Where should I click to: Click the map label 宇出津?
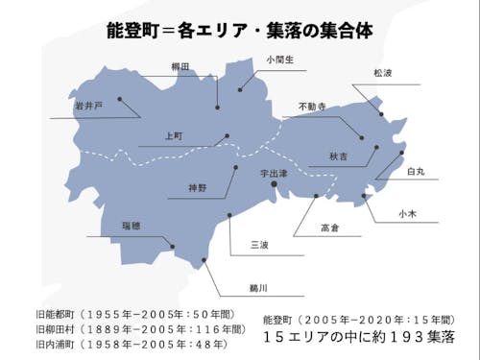[279, 173]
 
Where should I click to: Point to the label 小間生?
[254, 60]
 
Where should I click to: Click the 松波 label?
[384, 72]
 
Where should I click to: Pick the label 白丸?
[415, 171]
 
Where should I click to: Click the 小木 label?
[406, 214]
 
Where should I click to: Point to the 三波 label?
[258, 245]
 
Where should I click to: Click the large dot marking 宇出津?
[274, 183]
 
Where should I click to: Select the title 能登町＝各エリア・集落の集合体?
[239, 30]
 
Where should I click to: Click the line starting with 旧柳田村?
[129, 328]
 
